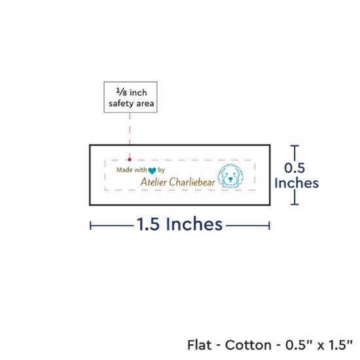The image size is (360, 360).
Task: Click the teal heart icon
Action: (x=152, y=171)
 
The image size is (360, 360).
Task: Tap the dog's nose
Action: (x=230, y=178)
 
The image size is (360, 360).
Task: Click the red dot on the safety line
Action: (x=130, y=159)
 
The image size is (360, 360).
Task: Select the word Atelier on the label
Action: (x=154, y=182)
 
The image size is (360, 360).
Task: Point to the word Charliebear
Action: (x=192, y=182)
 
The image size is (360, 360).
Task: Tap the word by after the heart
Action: (x=162, y=170)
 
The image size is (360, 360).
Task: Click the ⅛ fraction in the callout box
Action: (x=122, y=92)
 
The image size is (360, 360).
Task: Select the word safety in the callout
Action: (x=122, y=103)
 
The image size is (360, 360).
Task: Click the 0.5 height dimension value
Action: (x=295, y=168)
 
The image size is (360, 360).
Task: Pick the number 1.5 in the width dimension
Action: (x=148, y=224)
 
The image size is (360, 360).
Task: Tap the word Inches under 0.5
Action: (x=297, y=183)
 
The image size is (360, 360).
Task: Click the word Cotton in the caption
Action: (x=248, y=345)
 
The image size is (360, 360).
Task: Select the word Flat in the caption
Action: (x=199, y=345)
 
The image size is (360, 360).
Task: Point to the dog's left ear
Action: (x=221, y=177)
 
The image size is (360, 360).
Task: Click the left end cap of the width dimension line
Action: (x=90, y=226)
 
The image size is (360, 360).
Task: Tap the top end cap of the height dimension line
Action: (x=295, y=145)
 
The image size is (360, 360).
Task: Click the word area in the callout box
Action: (x=145, y=103)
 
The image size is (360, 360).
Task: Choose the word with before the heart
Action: (x=141, y=170)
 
